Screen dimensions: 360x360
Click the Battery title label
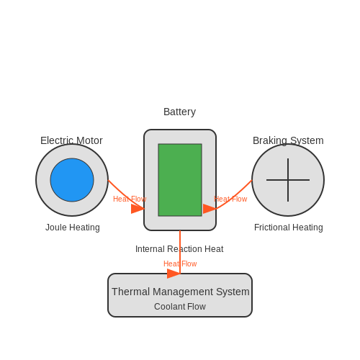(x=179, y=112)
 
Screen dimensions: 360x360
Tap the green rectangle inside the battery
(x=180, y=180)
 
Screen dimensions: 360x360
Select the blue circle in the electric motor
(x=72, y=180)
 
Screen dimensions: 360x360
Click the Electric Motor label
(x=71, y=140)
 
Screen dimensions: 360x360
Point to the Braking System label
(x=288, y=140)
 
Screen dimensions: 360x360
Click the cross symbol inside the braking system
(x=288, y=180)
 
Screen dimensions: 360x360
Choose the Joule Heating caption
(x=73, y=228)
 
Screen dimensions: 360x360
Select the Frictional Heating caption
(x=289, y=228)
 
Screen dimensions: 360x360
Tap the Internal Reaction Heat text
(x=179, y=249)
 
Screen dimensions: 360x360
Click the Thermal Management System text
(x=181, y=292)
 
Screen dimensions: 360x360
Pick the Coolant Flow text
(x=180, y=307)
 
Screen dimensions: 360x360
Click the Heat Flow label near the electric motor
(x=130, y=199)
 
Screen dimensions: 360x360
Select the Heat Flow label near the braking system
(x=230, y=199)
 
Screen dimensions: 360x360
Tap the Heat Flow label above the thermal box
(x=180, y=264)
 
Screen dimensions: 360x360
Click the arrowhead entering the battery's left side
(x=138, y=209)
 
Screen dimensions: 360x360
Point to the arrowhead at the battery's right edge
(x=210, y=209)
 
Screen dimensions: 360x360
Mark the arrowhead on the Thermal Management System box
(x=174, y=274)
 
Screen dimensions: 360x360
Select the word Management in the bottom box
(x=183, y=292)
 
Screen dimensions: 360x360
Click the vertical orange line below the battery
(x=180, y=252)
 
